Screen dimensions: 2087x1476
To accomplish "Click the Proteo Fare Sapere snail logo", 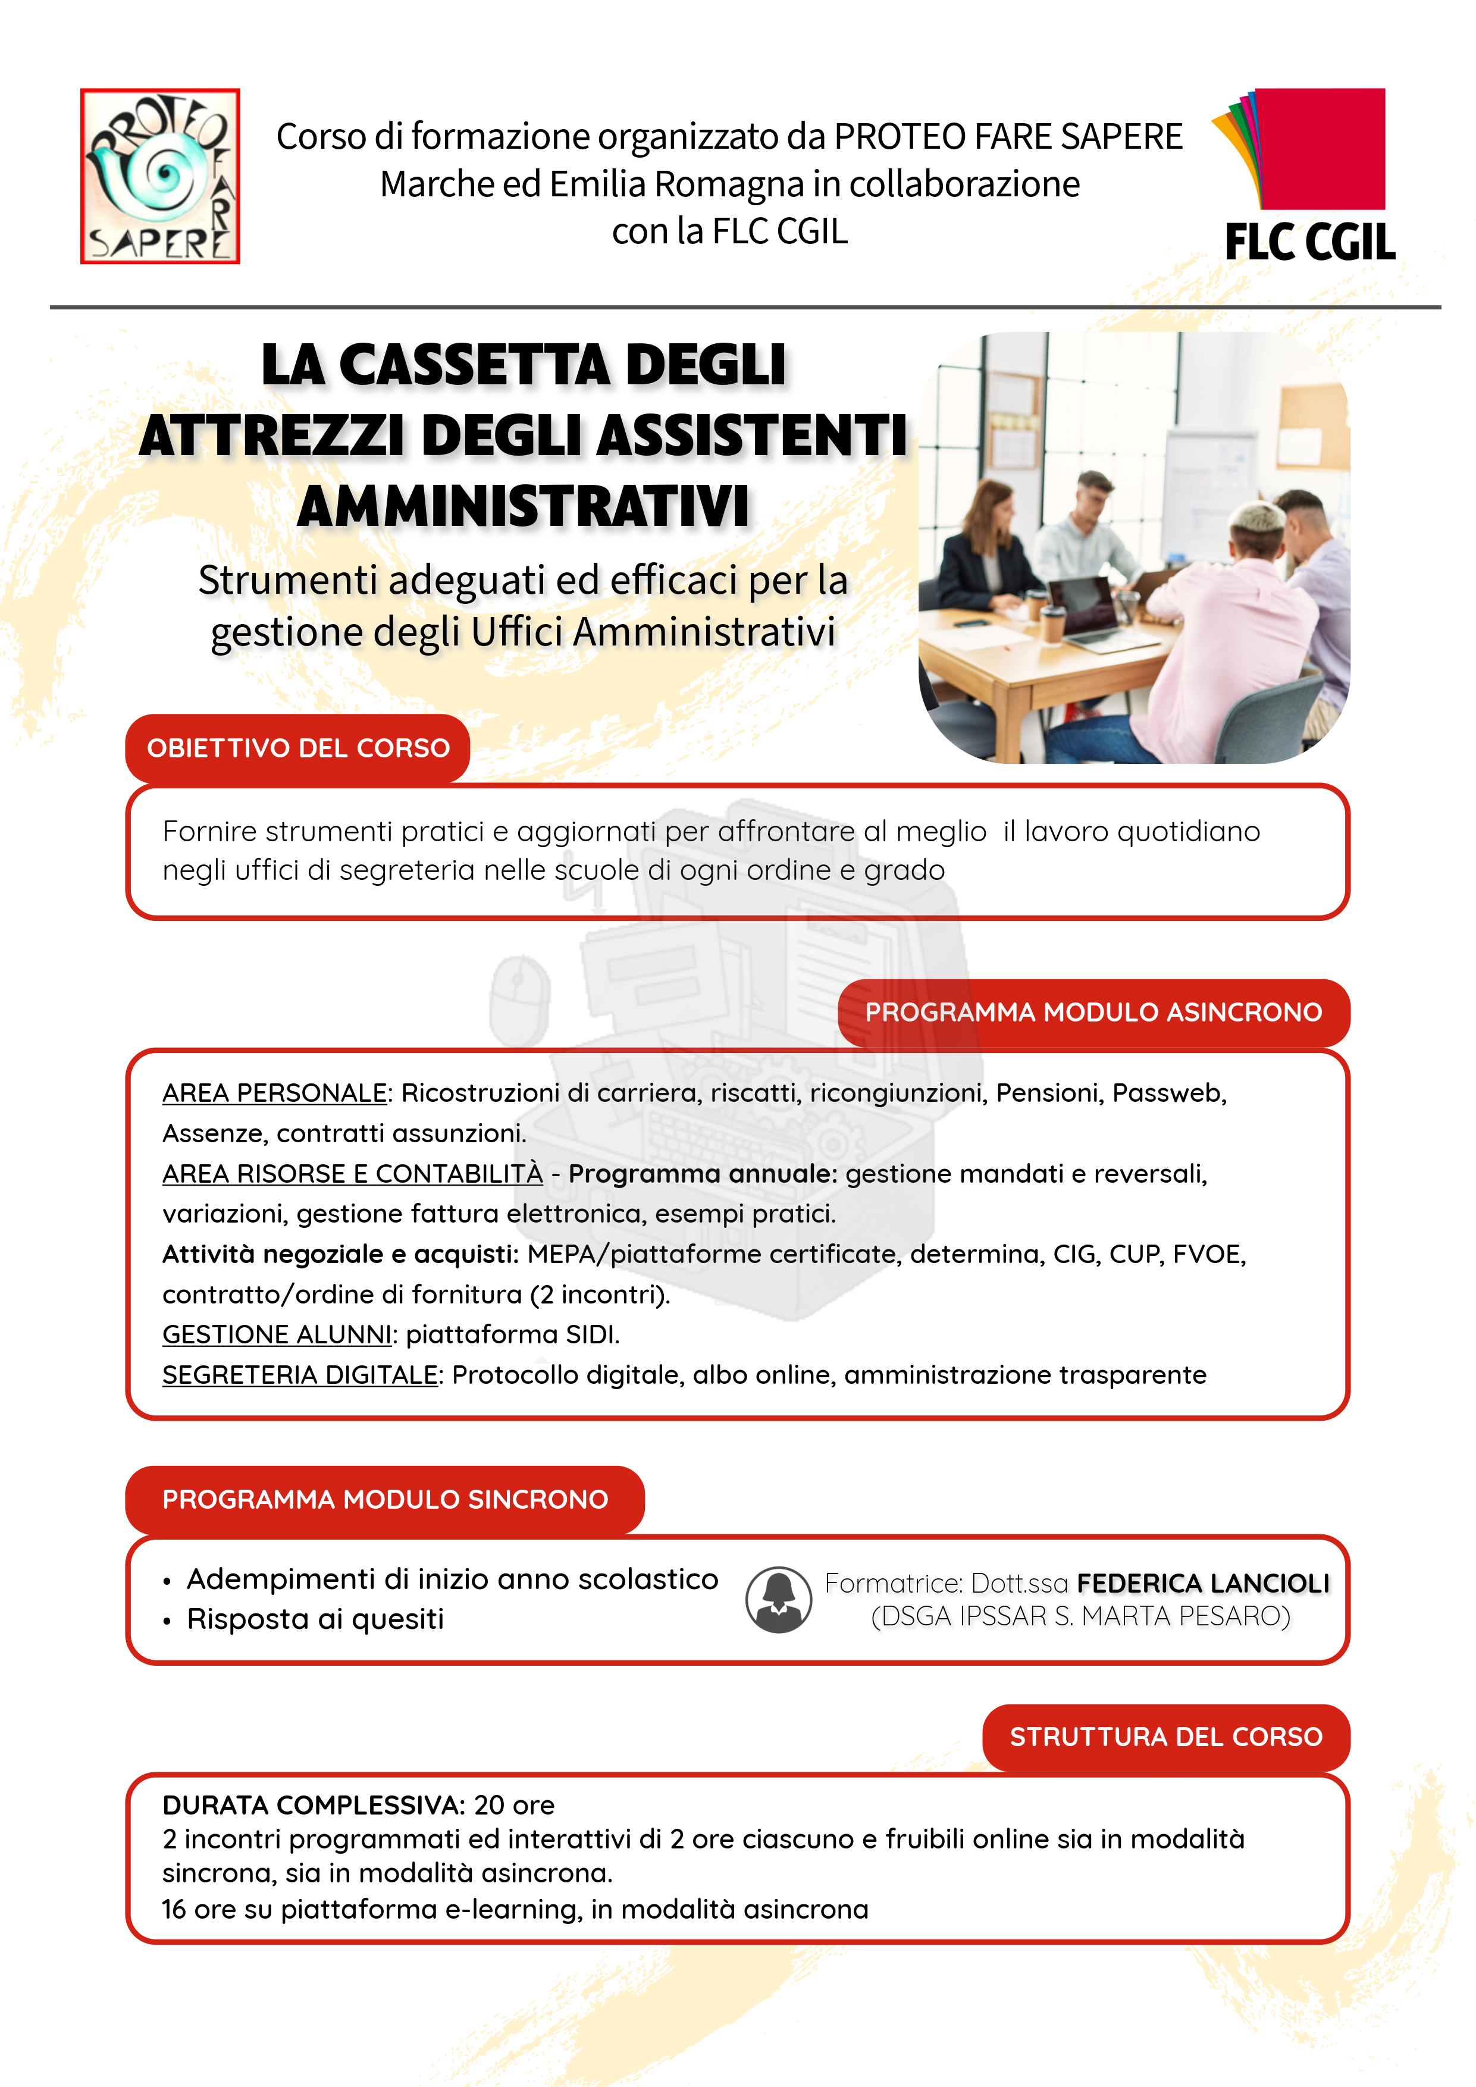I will (160, 176).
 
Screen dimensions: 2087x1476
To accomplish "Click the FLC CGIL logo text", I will (1309, 243).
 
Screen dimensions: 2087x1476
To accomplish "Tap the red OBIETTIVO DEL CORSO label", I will (298, 748).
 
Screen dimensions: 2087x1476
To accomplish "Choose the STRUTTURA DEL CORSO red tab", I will (1165, 1737).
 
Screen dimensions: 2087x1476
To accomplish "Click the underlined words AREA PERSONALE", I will (274, 1093).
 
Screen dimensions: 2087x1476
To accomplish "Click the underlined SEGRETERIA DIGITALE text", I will (300, 1375).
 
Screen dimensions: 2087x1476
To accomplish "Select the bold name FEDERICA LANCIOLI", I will (1202, 1584).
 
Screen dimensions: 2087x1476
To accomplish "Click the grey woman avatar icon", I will (778, 1600).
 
